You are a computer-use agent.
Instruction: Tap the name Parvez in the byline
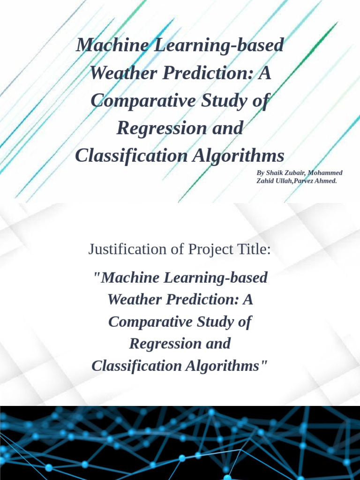click(305, 180)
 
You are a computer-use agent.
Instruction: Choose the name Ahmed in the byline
click(327, 180)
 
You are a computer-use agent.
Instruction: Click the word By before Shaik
click(260, 173)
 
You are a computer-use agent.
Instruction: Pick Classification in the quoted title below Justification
click(136, 366)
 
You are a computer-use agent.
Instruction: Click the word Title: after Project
click(254, 249)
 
